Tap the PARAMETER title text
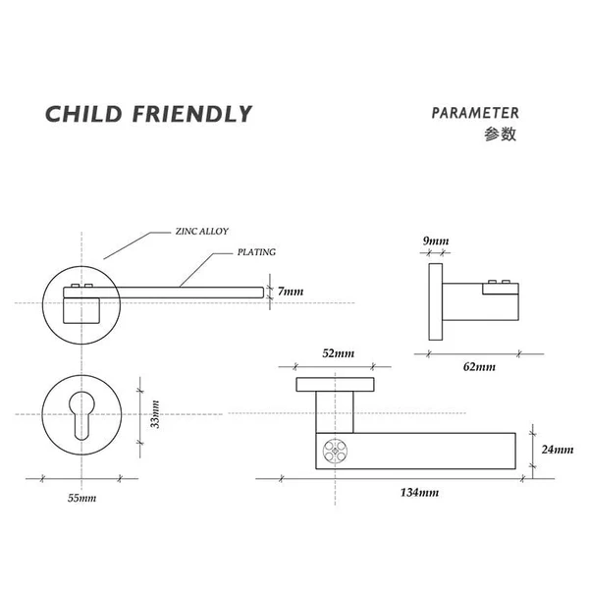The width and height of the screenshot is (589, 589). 475,113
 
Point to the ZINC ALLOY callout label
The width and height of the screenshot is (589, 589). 202,232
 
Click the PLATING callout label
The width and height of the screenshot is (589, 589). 256,252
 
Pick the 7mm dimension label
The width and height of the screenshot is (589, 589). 291,292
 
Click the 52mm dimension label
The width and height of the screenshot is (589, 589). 337,353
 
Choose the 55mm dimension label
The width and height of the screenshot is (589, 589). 81,498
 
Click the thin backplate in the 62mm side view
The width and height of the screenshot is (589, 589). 433,300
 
